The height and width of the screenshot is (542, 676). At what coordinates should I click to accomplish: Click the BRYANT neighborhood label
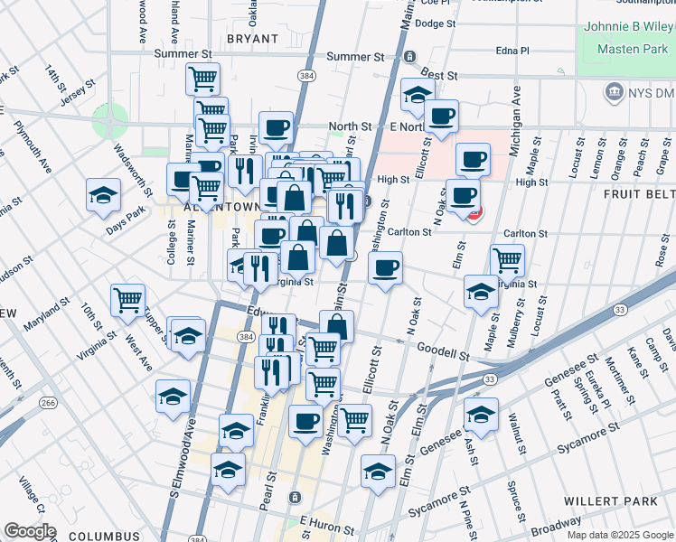coord(253,39)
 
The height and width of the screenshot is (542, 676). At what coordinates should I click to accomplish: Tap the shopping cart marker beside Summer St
coord(203,78)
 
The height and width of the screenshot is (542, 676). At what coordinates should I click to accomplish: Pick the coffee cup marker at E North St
coord(441,116)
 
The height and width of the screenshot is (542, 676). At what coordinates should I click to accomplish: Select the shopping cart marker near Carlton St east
coord(507,260)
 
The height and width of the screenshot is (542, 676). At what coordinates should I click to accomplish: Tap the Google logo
coord(29,531)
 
